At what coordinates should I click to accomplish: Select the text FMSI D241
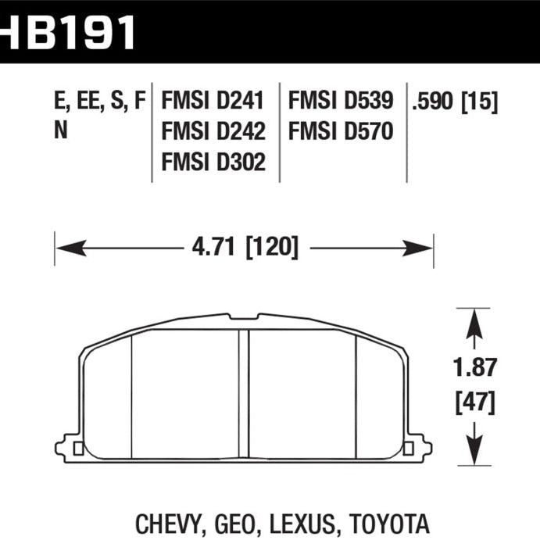point(213,101)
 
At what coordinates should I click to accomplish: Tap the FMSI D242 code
point(213,131)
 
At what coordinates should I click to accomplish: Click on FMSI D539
point(341,101)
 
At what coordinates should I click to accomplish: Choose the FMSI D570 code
point(341,131)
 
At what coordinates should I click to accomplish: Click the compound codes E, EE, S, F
point(100,101)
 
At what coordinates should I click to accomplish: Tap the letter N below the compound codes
point(60,131)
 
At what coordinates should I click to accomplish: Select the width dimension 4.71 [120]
point(245,248)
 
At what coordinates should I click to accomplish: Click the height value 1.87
point(474,367)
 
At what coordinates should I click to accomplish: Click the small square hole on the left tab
point(77,449)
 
